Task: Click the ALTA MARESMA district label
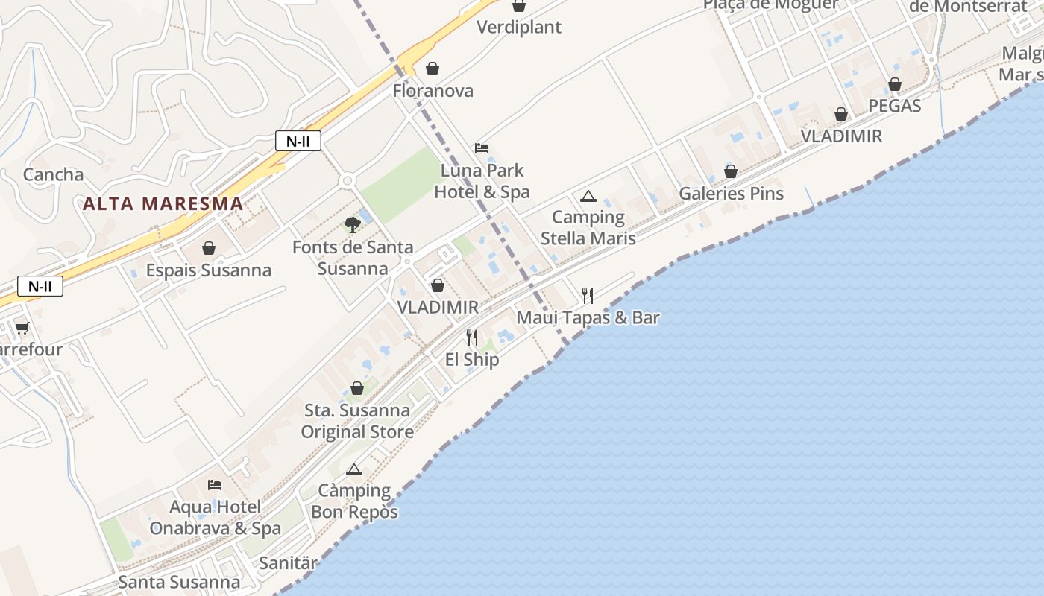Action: pos(163,203)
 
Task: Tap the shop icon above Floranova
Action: pos(433,69)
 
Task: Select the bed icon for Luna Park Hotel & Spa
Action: pos(482,148)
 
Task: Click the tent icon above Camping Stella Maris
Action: pos(588,197)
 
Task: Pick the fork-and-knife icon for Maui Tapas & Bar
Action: pos(588,296)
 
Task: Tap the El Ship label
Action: pos(472,360)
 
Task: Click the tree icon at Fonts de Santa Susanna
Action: pos(353,224)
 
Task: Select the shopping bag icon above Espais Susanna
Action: pos(209,248)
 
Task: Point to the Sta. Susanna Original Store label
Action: pos(357,421)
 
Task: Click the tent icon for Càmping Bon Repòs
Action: pos(354,469)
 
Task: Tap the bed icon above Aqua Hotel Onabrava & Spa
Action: pos(215,485)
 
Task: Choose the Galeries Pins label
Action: pos(731,194)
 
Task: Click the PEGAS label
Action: pos(894,106)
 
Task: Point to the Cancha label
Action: pos(54,175)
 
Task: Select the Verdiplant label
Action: pos(518,28)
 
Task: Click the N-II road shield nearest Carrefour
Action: pos(40,286)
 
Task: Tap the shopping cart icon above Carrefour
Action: pos(22,328)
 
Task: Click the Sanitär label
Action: pos(288,563)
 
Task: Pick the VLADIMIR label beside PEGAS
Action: pos(841,136)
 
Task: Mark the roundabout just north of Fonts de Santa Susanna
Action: pos(347,180)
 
